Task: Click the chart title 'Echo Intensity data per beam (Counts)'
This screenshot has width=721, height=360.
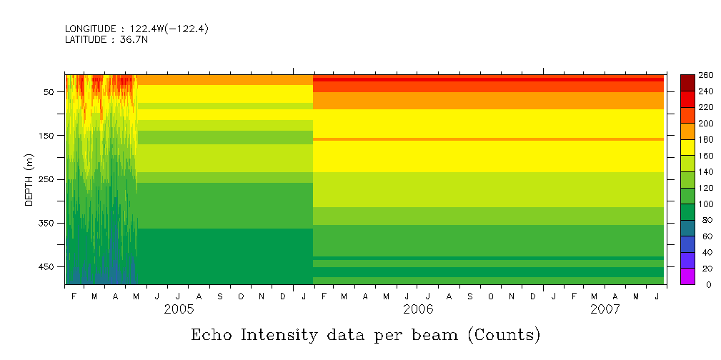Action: click(x=365, y=335)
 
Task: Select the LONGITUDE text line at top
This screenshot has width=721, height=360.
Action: click(x=136, y=29)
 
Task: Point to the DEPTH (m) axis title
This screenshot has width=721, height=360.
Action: click(x=29, y=179)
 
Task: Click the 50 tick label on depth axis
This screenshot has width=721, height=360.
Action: click(x=49, y=92)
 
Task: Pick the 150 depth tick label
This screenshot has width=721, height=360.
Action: click(x=46, y=136)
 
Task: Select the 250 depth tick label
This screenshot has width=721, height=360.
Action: click(x=46, y=179)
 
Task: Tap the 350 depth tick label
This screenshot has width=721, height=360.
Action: click(x=46, y=223)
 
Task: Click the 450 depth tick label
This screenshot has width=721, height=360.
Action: click(x=46, y=266)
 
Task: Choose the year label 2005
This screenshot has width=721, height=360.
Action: click(x=179, y=310)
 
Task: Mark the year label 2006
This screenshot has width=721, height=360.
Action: click(x=418, y=310)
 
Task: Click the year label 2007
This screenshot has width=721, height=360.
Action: click(x=605, y=310)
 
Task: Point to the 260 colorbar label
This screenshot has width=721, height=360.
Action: click(x=705, y=75)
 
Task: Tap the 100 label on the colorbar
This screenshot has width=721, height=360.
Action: click(x=705, y=204)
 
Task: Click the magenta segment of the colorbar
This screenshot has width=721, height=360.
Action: click(x=687, y=276)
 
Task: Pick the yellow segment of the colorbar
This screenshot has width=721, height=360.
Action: click(x=687, y=147)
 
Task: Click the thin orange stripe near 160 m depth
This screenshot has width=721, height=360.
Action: click(x=486, y=139)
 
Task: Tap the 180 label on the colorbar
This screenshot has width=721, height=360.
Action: click(x=705, y=139)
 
